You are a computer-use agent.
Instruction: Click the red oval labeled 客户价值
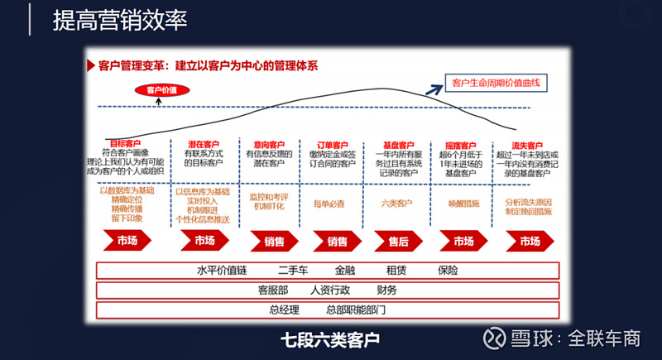tap(161, 90)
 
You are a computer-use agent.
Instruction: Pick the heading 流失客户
tap(527, 144)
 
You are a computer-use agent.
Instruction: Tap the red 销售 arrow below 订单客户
tap(337, 241)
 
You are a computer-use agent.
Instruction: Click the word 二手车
tap(294, 270)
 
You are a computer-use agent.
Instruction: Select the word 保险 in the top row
tap(448, 270)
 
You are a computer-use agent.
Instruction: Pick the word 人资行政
tap(331, 290)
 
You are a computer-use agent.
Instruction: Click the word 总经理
tap(285, 310)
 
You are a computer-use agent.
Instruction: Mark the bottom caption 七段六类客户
tap(329, 339)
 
